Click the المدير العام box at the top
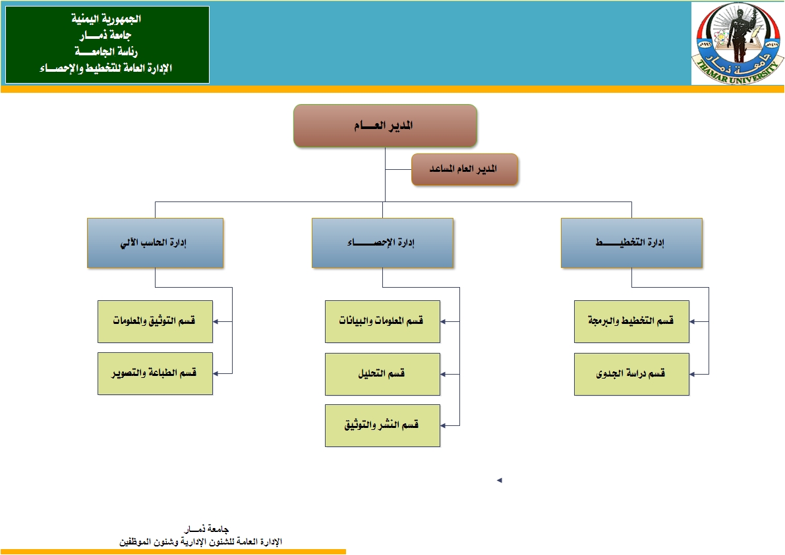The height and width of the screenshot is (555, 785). tap(385, 125)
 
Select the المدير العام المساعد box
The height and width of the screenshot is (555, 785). tap(465, 170)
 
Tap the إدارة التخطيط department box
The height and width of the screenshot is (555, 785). tap(631, 243)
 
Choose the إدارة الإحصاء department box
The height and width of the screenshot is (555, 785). tap(382, 243)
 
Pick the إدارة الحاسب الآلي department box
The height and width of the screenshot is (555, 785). tap(155, 243)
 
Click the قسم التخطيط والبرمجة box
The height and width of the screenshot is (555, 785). tap(631, 321)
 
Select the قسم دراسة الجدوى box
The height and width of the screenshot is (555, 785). tap(631, 374)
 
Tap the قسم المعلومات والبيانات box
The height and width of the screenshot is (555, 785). tap(382, 321)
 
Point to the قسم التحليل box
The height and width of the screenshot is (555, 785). tap(382, 374)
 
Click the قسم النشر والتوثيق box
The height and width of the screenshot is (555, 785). tap(382, 425)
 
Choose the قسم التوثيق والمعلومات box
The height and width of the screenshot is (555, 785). tap(155, 321)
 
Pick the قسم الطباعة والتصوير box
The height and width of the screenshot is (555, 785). tap(155, 374)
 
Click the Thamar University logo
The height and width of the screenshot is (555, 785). tap(738, 43)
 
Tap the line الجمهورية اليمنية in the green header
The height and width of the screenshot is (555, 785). tap(107, 19)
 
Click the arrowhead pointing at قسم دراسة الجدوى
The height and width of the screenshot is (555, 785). tap(693, 374)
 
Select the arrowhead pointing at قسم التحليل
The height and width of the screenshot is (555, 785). tap(444, 374)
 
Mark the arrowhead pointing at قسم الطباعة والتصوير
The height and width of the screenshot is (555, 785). tap(216, 374)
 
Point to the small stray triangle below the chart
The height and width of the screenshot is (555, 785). tap(500, 481)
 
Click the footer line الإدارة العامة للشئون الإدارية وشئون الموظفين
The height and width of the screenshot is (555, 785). tap(199, 541)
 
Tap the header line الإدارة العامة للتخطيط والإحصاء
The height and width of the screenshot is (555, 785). tap(107, 68)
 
